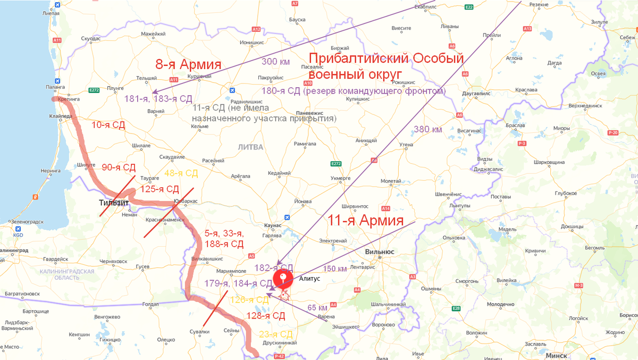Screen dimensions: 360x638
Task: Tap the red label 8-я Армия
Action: (x=188, y=65)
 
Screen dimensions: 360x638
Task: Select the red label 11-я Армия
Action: (x=365, y=220)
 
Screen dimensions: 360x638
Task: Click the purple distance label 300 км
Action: (x=275, y=62)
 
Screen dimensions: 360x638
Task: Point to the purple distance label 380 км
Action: (x=427, y=129)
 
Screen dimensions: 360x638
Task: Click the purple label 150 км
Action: (x=335, y=269)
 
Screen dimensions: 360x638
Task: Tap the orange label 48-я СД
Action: (x=181, y=173)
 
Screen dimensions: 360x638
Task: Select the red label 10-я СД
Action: (x=108, y=125)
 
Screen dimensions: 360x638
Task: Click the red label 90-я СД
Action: (x=119, y=167)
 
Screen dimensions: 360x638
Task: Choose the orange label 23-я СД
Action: (x=275, y=334)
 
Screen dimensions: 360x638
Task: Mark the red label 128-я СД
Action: (x=266, y=316)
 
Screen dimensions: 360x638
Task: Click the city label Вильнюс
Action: (x=380, y=252)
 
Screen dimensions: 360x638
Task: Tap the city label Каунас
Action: (x=272, y=225)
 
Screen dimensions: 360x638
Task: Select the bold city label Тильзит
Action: (x=113, y=203)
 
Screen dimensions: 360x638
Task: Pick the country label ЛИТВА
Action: (x=250, y=147)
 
